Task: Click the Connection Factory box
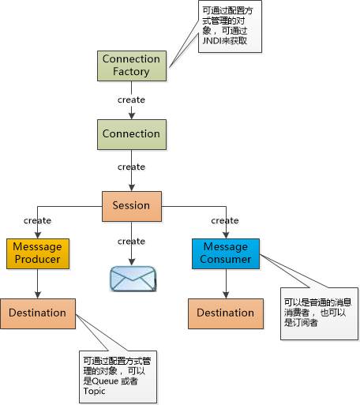coord(132,66)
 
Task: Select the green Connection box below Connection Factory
coord(132,134)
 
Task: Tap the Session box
coord(132,206)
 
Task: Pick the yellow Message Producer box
coord(38,253)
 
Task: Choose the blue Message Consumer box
coord(226,253)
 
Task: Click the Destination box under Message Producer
coord(38,313)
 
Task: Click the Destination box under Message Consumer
coord(226,313)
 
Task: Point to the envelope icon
coord(133,279)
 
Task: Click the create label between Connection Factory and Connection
coord(131,99)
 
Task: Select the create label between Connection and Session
coord(131,167)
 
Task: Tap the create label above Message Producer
coord(37,220)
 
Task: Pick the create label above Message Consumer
coord(225,220)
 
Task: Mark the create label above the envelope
coord(131,242)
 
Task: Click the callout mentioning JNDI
coord(230,26)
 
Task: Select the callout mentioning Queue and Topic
coord(118,377)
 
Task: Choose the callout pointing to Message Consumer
coord(319,313)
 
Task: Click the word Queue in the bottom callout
coord(105,381)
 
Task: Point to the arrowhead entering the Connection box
coord(132,116)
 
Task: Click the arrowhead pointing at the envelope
coord(132,262)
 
